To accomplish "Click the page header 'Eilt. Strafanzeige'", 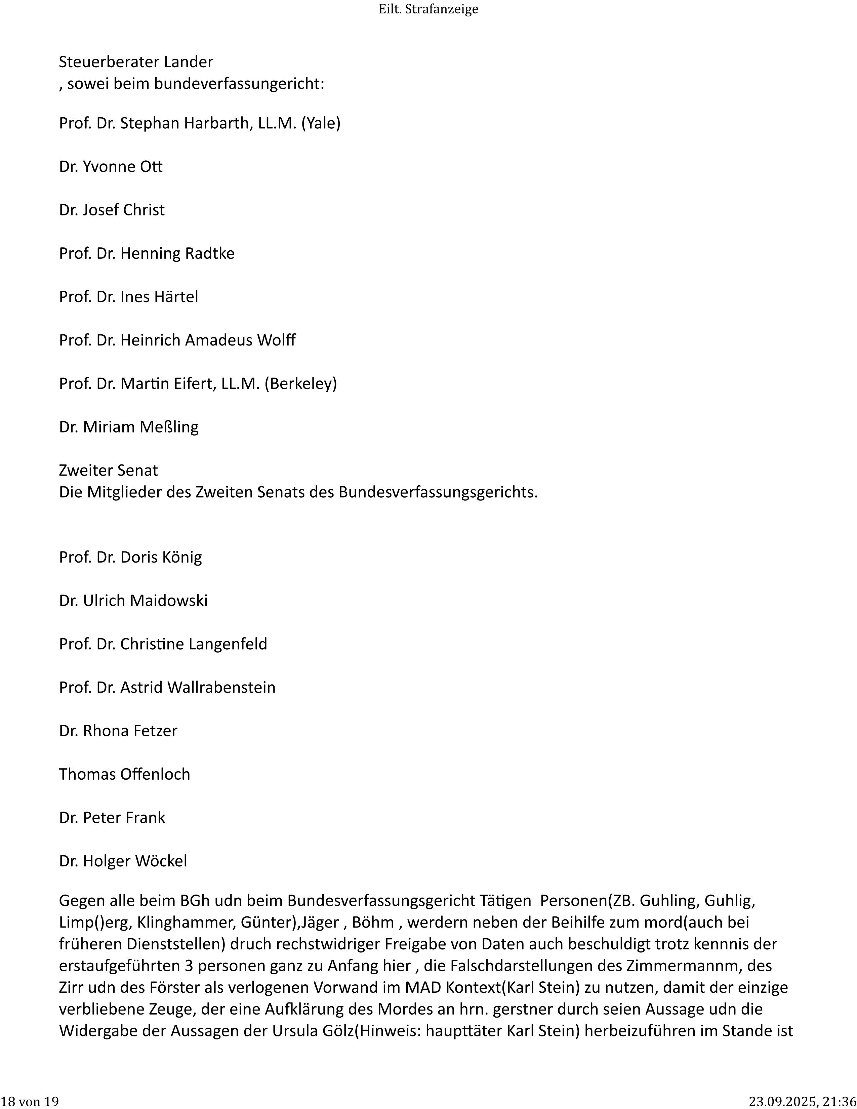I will click(x=428, y=9).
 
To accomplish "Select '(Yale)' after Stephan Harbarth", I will click(x=321, y=123).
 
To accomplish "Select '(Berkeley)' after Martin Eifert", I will click(x=300, y=383).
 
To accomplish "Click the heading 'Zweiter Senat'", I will click(x=108, y=470).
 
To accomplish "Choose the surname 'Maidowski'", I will click(x=169, y=601).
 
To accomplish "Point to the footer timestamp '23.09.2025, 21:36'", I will click(x=802, y=1101).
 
